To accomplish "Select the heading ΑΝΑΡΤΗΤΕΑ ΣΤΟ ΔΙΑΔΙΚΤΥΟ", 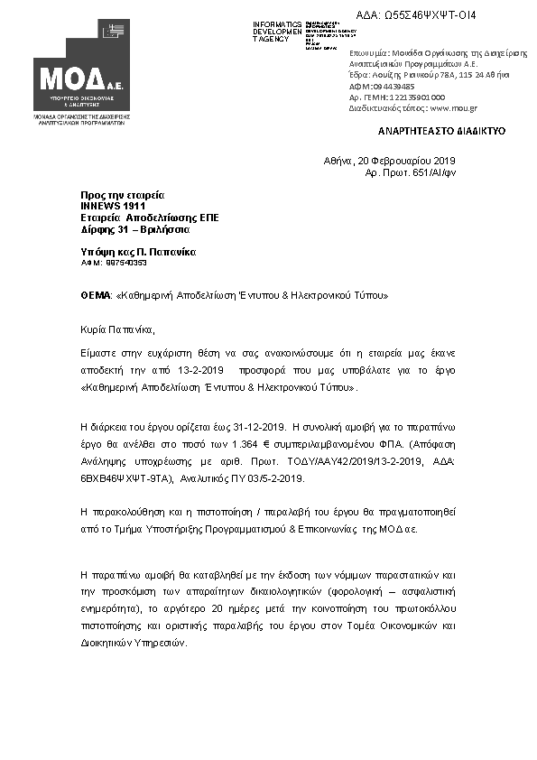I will (x=441, y=131).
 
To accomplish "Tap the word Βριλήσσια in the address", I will (x=168, y=229).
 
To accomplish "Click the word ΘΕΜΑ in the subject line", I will (x=94, y=295).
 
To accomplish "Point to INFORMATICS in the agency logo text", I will (x=278, y=23).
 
